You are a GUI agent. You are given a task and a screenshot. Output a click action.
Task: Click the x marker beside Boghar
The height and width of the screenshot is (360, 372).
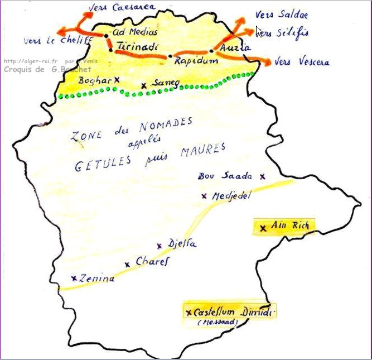pos(117,80)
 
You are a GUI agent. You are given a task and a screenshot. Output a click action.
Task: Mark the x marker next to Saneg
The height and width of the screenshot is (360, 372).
pos(144,85)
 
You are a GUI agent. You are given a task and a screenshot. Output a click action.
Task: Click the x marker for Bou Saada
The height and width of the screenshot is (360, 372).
pos(263,176)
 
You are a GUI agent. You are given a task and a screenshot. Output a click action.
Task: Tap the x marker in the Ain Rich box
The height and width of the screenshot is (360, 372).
pos(263,228)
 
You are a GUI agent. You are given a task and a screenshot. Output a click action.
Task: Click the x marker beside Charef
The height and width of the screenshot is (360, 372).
pos(127,264)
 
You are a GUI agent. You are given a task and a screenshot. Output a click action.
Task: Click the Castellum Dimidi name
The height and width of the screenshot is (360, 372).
pos(234,312)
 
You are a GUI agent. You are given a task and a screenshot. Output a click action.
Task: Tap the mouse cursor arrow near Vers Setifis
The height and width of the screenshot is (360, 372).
pos(259,31)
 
